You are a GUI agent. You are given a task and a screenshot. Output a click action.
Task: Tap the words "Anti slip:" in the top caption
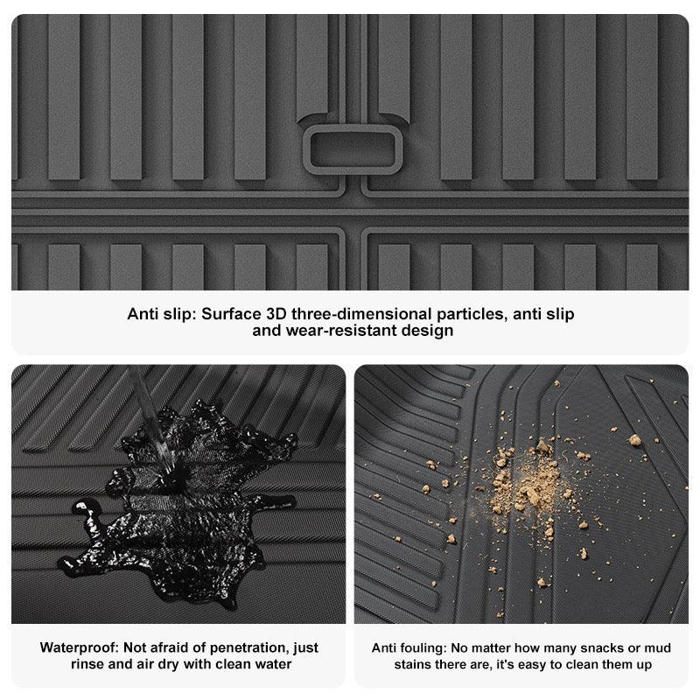(x=161, y=313)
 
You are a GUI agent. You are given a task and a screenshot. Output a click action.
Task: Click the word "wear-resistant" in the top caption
(x=339, y=331)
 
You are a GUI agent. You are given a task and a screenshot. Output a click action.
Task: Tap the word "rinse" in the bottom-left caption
(x=89, y=664)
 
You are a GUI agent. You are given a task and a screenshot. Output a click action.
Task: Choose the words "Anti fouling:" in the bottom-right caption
(x=409, y=647)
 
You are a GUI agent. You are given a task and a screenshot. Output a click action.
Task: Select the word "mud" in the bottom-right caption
(x=658, y=647)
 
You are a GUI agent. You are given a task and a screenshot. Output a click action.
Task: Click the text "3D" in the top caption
(x=278, y=313)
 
